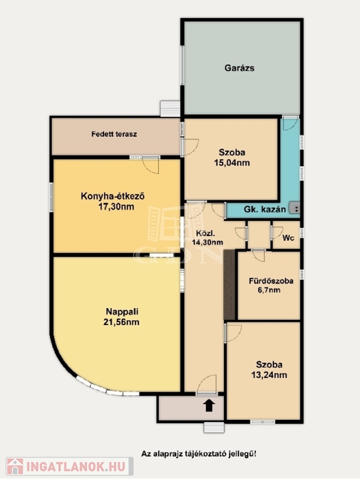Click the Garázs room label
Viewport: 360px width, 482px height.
click(x=240, y=68)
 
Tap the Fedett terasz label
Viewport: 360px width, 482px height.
click(x=114, y=134)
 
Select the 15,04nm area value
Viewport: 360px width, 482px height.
click(x=232, y=163)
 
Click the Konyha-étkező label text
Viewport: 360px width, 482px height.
click(x=112, y=196)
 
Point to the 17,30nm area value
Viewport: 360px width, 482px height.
click(x=116, y=206)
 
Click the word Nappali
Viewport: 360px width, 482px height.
click(x=122, y=311)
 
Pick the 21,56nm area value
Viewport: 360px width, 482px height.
click(x=121, y=322)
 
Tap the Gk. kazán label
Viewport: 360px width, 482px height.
click(x=265, y=210)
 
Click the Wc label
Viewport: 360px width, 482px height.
click(x=288, y=238)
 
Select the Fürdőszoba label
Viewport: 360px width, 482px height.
click(x=271, y=281)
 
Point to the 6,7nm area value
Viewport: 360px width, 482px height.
click(x=269, y=290)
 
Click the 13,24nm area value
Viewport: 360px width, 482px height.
click(x=269, y=375)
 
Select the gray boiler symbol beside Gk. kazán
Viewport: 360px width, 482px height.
click(x=295, y=208)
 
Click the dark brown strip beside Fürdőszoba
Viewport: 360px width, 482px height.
click(x=230, y=285)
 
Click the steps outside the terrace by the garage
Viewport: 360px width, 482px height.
click(x=170, y=109)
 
